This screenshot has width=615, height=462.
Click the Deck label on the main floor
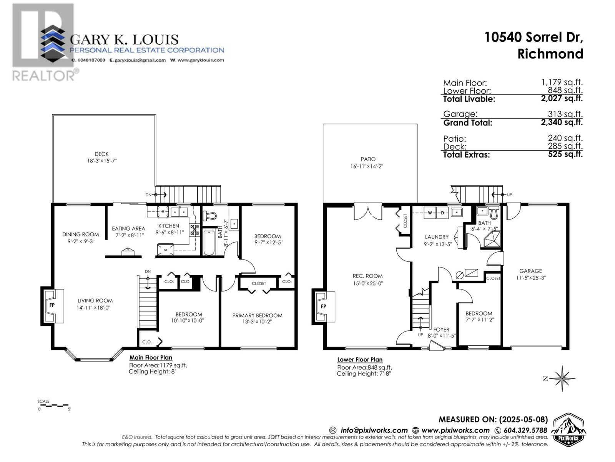point(101,154)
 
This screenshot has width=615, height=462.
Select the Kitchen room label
point(168,226)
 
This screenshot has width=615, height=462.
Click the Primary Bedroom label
point(257,316)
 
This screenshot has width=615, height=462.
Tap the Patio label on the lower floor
point(368,159)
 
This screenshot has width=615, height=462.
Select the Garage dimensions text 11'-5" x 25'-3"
point(531,278)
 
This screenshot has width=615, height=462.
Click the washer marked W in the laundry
point(429,213)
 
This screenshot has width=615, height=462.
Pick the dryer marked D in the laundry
point(442,213)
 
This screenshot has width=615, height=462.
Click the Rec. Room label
point(367,276)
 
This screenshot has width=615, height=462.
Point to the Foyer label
point(441,330)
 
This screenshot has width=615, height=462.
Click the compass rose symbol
point(562,378)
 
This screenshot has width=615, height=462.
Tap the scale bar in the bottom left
point(53,405)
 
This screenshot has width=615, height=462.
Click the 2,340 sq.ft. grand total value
point(562,122)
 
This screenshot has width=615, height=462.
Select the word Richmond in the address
point(550,54)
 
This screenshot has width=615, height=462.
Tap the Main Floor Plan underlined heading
point(151,358)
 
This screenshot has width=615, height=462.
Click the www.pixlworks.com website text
point(455,430)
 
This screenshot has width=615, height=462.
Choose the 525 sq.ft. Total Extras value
point(565,154)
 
